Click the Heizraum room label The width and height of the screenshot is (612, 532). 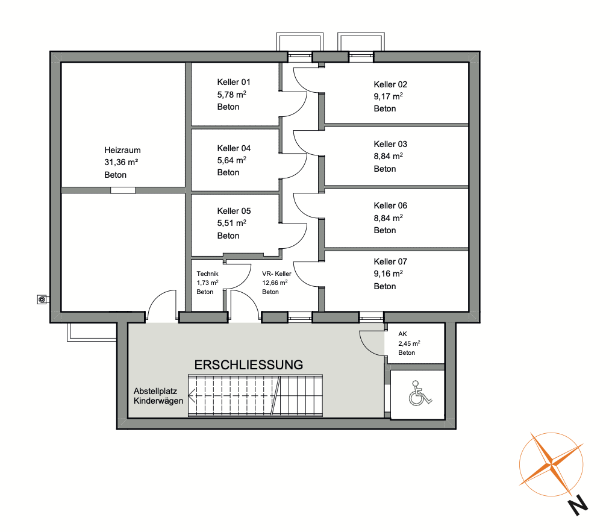122,150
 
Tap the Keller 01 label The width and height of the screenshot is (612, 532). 233,83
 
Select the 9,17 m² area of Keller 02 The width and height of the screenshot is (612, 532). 388,96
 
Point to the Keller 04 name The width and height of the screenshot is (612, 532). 234,148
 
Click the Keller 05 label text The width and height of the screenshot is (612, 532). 234,211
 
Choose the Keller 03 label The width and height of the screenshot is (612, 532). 390,145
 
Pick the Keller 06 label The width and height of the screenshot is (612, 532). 390,205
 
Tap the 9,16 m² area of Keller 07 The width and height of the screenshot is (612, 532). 388,274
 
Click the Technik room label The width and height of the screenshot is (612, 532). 207,274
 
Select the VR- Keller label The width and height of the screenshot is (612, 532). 276,274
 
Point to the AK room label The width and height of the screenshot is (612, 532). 402,334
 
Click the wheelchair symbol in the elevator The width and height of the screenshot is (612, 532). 420,393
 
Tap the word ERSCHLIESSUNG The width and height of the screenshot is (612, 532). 249,365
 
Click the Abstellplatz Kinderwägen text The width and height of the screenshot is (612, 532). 158,396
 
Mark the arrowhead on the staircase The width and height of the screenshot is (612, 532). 192,396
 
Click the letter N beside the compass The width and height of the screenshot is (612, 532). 578,505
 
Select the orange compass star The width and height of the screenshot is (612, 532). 551,465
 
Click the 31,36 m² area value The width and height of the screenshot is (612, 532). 121,162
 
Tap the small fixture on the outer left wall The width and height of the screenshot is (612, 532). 43,299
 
